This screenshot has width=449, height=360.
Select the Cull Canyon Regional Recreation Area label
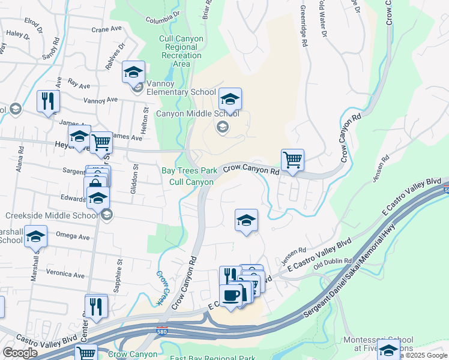pos(181,51)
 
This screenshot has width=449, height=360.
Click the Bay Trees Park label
pos(189,170)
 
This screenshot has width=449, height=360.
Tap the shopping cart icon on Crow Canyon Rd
pos(292,160)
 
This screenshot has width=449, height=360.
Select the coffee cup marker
pos(231,295)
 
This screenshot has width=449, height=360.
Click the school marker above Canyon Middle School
pos(230,99)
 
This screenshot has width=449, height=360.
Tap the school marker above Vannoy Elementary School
pos(133,73)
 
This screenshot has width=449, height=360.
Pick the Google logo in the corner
pos(20,353)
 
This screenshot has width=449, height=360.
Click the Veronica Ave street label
pos(66,274)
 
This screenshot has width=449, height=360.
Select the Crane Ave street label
pos(107,29)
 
